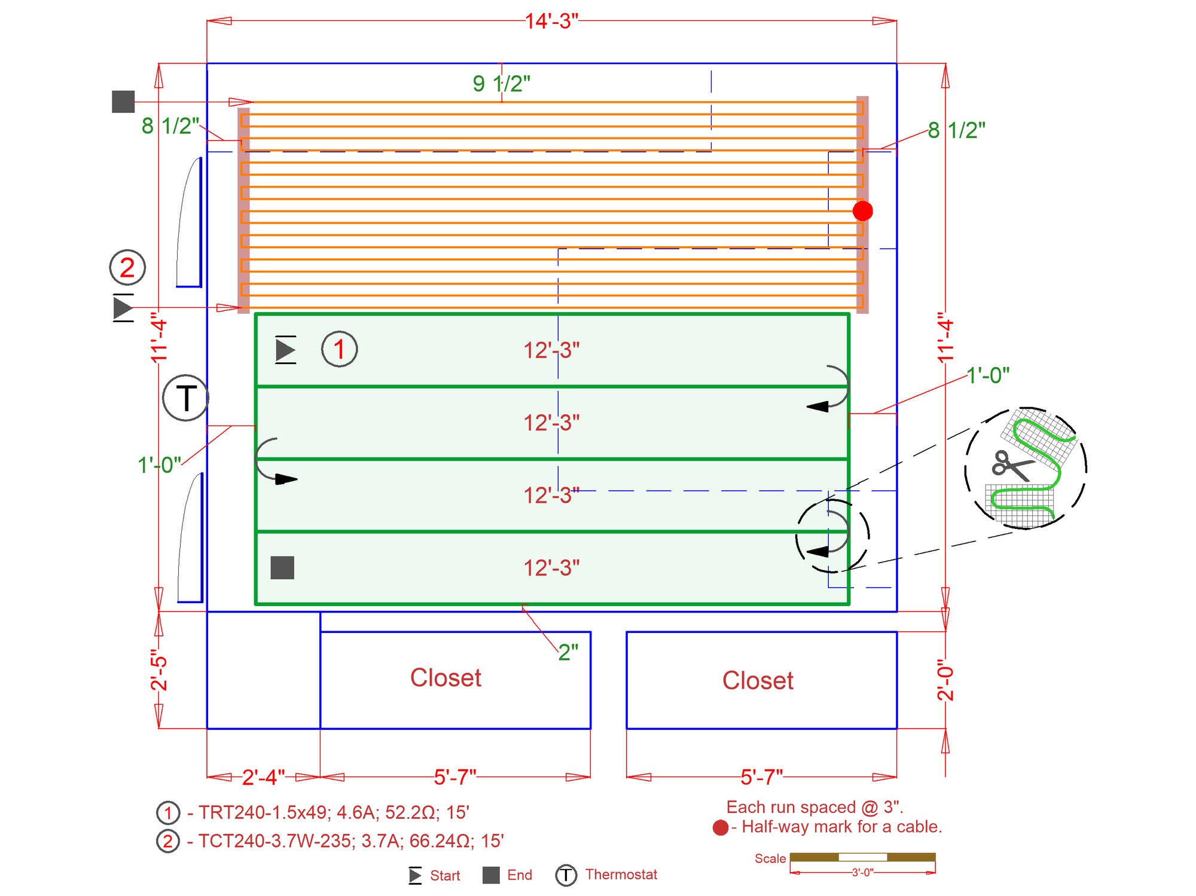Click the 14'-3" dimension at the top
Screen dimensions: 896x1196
click(x=551, y=22)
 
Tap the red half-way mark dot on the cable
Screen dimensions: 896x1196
click(x=862, y=210)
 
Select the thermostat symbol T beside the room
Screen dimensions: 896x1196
click(x=185, y=398)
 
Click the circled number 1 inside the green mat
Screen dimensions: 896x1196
click(x=339, y=349)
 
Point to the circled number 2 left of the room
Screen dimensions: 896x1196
click(x=127, y=267)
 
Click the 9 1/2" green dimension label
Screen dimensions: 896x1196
click(x=501, y=84)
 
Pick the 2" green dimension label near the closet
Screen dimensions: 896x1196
click(x=568, y=652)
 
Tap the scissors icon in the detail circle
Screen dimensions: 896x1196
click(x=1011, y=466)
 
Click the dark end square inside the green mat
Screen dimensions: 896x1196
click(x=282, y=568)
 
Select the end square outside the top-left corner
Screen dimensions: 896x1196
click(x=123, y=102)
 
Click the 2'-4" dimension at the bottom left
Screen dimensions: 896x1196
click(x=263, y=777)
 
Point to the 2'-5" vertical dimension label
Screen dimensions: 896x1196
click(x=159, y=671)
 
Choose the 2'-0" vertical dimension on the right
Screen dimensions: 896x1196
click(x=945, y=680)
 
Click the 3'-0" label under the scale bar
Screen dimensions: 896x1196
click(x=862, y=873)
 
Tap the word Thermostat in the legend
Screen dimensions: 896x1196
click(x=621, y=874)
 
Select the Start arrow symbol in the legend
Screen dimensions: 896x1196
click(x=415, y=876)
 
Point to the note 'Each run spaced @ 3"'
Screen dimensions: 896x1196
click(x=814, y=807)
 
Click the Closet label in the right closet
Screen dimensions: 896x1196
click(x=758, y=680)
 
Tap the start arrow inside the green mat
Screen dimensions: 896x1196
click(x=285, y=350)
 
